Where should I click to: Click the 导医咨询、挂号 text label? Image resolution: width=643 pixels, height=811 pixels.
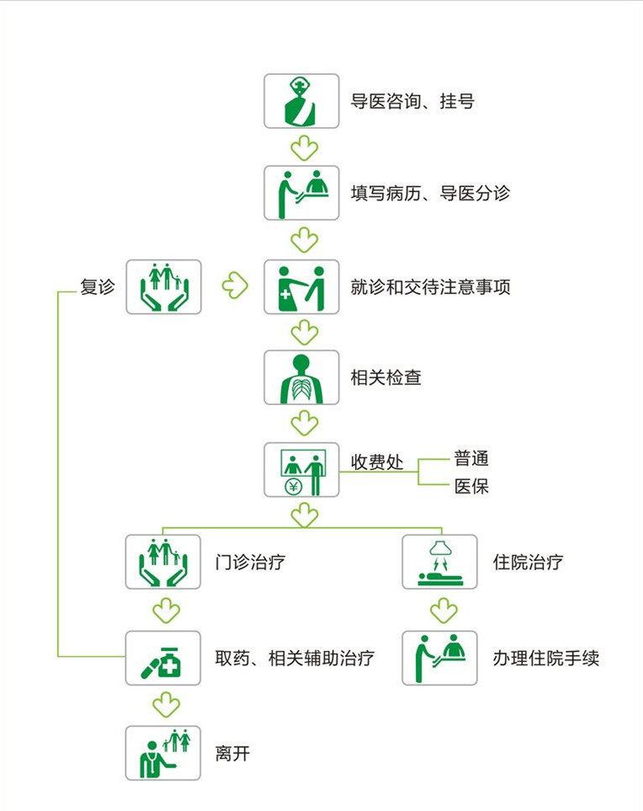tap(412, 101)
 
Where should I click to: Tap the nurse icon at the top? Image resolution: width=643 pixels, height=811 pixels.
tap(301, 101)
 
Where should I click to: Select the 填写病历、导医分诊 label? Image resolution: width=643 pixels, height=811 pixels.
tap(430, 194)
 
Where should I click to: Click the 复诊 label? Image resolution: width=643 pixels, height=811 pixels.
tap(97, 286)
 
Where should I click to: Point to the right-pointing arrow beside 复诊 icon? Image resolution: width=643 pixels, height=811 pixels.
tap(235, 285)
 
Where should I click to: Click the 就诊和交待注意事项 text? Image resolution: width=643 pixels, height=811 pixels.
tap(430, 287)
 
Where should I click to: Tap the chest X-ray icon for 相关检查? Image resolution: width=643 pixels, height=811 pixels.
tap(301, 377)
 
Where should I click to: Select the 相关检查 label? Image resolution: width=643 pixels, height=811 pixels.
tap(385, 377)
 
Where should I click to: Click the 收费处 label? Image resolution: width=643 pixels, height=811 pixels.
tap(377, 462)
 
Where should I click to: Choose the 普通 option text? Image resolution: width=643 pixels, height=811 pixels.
tap(470, 458)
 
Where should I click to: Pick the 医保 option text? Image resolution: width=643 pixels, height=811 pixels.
tap(470, 486)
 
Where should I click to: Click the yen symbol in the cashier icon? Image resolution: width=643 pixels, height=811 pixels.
tap(294, 486)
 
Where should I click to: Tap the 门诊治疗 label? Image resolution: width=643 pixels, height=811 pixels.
tap(250, 562)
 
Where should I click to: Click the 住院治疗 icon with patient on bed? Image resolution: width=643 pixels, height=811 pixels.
tap(439, 562)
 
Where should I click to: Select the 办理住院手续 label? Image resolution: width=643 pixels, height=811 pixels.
tap(546, 659)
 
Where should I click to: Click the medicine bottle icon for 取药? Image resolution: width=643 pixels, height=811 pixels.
tap(162, 659)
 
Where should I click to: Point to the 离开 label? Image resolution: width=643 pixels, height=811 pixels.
tap(232, 753)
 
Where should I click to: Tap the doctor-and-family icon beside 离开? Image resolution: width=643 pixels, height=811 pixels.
tap(162, 753)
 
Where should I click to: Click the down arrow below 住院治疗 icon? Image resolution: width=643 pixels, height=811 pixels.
tap(444, 611)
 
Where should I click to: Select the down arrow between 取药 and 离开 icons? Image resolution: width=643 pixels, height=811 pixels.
tap(166, 706)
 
